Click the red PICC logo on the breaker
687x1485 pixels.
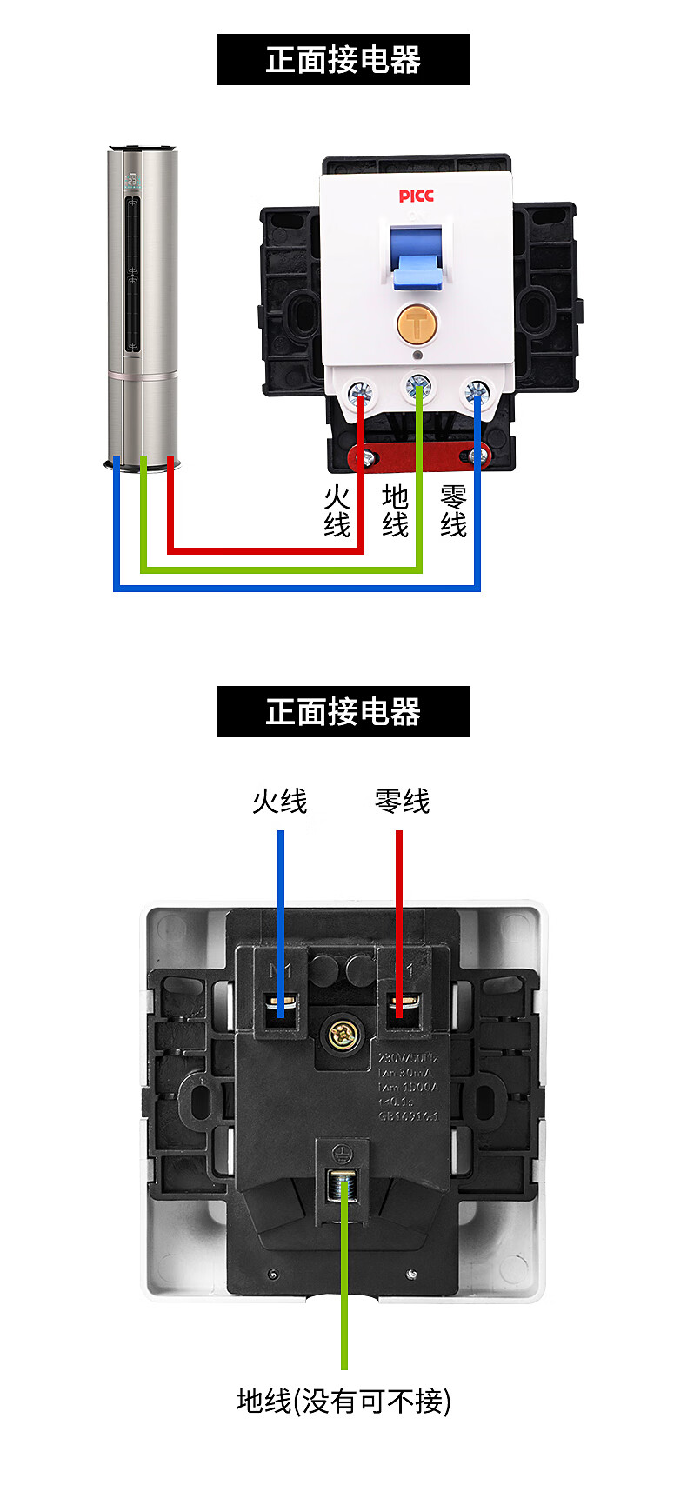[416, 196]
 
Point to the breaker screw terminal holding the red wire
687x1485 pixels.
[361, 395]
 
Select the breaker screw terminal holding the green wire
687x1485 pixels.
[418, 385]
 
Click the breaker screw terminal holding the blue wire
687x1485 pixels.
[476, 394]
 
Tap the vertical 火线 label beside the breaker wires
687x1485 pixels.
[337, 511]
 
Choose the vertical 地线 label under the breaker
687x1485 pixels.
[395, 511]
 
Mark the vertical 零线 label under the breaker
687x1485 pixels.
[453, 511]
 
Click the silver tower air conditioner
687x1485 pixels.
[143, 304]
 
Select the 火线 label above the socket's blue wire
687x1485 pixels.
[280, 801]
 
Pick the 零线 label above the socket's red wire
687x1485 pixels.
[402, 801]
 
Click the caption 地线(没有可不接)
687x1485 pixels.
[343, 1401]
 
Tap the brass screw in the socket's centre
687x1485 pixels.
[342, 1035]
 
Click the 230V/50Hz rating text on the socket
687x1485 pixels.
[407, 1058]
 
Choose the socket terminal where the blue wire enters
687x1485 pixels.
[281, 1007]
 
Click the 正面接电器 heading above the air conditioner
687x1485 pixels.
[343, 60]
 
